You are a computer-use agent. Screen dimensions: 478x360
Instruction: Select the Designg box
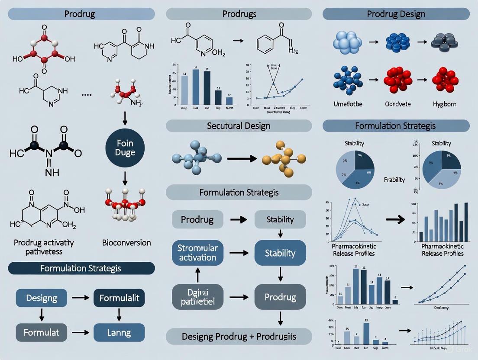tap(42, 298)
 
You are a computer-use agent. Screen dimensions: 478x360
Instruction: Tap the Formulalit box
tap(119, 298)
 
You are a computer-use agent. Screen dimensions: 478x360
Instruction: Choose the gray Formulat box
tap(42, 333)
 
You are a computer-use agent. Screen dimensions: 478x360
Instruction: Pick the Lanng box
tap(119, 333)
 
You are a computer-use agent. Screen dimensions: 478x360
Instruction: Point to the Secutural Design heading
tap(239, 126)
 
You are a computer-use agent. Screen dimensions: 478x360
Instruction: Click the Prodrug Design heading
tap(396, 14)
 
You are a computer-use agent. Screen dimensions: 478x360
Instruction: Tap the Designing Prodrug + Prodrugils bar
tap(239, 336)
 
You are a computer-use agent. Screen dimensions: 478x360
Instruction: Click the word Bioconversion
tap(126, 242)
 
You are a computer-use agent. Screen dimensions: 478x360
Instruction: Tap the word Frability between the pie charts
tap(394, 180)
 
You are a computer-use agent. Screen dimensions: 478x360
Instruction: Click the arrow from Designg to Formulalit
tap(80, 298)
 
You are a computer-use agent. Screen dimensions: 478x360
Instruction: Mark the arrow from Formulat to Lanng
tap(80, 333)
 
